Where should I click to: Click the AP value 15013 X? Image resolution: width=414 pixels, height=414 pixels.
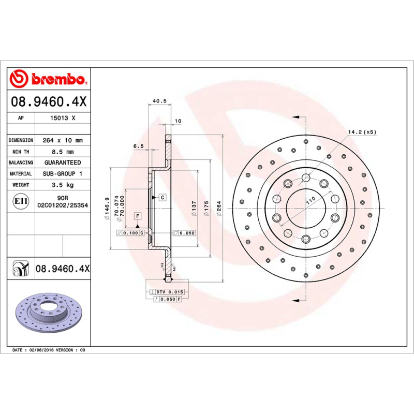pyautogui.click(x=62, y=118)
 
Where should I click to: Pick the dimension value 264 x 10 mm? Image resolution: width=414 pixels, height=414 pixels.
pyautogui.click(x=62, y=140)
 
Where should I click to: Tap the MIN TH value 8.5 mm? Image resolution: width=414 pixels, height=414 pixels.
pyautogui.click(x=62, y=152)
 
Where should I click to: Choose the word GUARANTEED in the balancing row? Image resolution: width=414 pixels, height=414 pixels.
pyautogui.click(x=62, y=162)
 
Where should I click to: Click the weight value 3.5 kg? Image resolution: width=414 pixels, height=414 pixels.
pyautogui.click(x=62, y=185)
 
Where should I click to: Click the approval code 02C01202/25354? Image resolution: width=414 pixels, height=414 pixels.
pyautogui.click(x=62, y=205)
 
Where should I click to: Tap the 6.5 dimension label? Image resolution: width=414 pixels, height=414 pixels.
pyautogui.click(x=138, y=146)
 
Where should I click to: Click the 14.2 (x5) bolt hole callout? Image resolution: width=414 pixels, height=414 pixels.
pyautogui.click(x=362, y=132)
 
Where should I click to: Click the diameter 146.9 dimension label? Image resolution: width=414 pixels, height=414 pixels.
pyautogui.click(x=108, y=208)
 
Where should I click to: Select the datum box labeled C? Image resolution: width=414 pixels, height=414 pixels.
pyautogui.click(x=162, y=197)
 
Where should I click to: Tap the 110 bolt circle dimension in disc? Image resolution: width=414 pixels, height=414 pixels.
pyautogui.click(x=309, y=202)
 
